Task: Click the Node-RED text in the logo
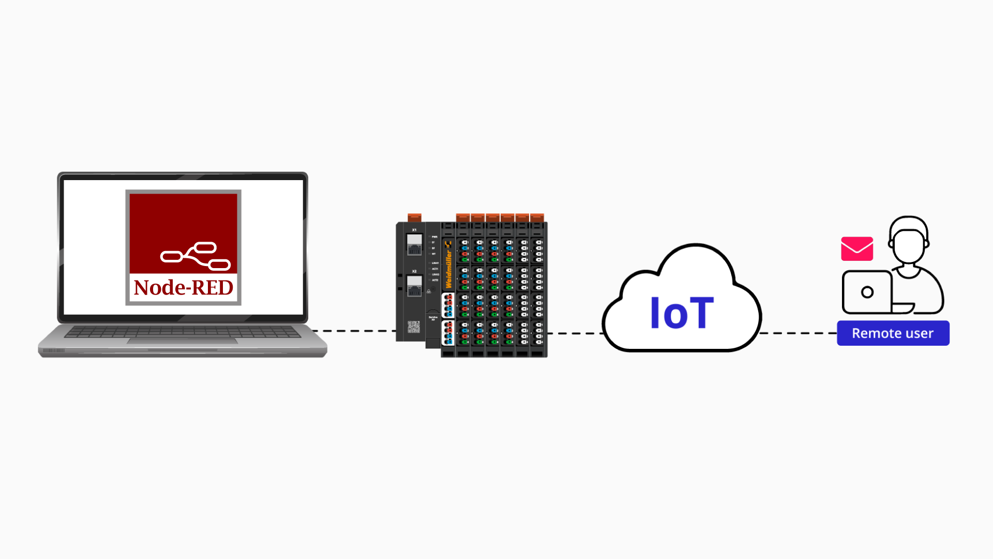click(x=183, y=288)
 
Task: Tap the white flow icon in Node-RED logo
click(x=195, y=256)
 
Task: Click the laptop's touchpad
click(x=182, y=341)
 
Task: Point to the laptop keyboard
click(x=182, y=332)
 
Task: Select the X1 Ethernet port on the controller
click(x=414, y=244)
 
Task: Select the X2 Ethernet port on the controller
click(x=414, y=286)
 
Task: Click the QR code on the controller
click(x=414, y=327)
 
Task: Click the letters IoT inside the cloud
click(x=681, y=313)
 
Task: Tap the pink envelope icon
click(x=857, y=249)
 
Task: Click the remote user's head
click(x=909, y=241)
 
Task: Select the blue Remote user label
click(x=893, y=333)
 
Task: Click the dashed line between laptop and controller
click(x=354, y=331)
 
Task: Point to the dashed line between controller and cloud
click(x=574, y=333)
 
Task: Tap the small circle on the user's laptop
click(x=867, y=292)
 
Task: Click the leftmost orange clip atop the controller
click(x=414, y=217)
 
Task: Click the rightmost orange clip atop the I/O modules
click(x=537, y=217)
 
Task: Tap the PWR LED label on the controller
click(x=434, y=237)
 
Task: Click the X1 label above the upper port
click(x=414, y=230)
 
